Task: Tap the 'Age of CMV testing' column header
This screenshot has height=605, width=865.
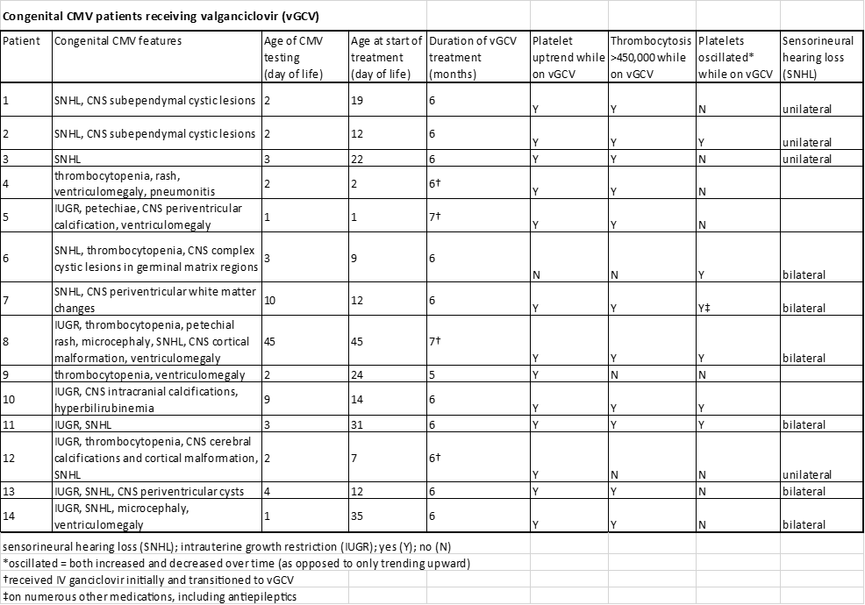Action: pyautogui.click(x=293, y=57)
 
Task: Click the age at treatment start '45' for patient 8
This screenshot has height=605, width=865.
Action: pyautogui.click(x=358, y=342)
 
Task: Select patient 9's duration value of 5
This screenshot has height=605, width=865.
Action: pyautogui.click(x=432, y=374)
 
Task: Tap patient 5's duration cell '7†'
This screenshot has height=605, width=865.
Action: pyautogui.click(x=434, y=217)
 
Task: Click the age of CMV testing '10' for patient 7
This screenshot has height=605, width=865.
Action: pyautogui.click(x=271, y=300)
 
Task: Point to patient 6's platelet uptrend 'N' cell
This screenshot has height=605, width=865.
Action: pyautogui.click(x=535, y=275)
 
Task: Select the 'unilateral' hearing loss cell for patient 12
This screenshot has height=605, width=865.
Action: pyautogui.click(x=806, y=475)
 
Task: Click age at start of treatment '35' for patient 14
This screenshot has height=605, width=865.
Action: pyautogui.click(x=358, y=516)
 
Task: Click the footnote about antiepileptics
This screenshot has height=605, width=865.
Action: pyautogui.click(x=149, y=597)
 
